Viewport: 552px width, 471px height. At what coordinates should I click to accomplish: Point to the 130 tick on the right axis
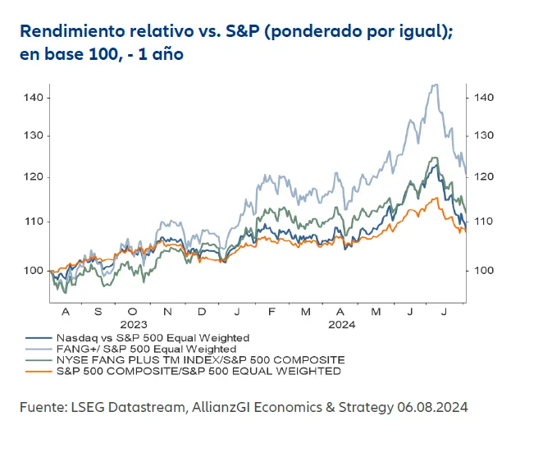click(484, 135)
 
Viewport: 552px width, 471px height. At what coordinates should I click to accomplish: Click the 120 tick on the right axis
click(484, 177)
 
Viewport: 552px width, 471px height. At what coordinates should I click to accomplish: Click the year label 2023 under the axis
click(134, 324)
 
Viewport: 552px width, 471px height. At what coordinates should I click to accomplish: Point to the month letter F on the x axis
click(271, 313)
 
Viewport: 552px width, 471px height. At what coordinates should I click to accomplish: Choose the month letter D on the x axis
click(202, 313)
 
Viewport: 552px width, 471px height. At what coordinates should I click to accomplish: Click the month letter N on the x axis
click(167, 313)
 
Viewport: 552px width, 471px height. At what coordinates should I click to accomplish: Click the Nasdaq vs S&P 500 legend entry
click(152, 337)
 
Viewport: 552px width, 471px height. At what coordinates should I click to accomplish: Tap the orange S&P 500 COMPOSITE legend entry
click(198, 372)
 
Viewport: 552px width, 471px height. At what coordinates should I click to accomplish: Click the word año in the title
click(163, 55)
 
